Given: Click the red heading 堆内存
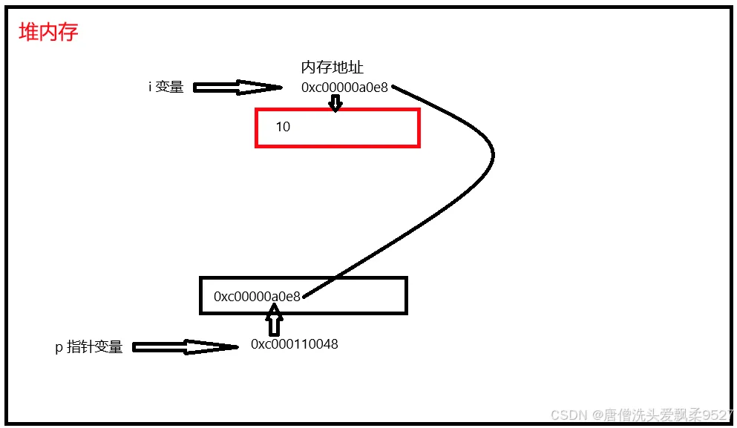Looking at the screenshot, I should [48, 33].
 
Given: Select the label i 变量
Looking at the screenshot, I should [166, 87].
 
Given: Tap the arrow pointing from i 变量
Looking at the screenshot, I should [237, 87].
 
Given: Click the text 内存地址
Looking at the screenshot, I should [332, 68].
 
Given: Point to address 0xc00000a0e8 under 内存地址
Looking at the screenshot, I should [344, 88].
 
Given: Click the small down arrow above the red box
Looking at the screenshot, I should [335, 103].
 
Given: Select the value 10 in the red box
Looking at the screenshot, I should [283, 127].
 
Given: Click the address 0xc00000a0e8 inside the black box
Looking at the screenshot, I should [257, 297].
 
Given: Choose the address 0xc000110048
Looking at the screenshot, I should [295, 344].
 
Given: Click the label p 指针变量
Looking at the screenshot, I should [89, 347].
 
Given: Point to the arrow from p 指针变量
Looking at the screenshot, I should [184, 346].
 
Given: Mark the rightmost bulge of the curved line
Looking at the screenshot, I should [493, 154].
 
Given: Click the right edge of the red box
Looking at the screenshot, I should [419, 128].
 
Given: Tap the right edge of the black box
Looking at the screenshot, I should [406, 295].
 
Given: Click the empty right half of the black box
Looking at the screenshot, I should [356, 295].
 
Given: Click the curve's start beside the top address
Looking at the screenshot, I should [393, 88].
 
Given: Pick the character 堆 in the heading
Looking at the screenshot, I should [28, 33].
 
